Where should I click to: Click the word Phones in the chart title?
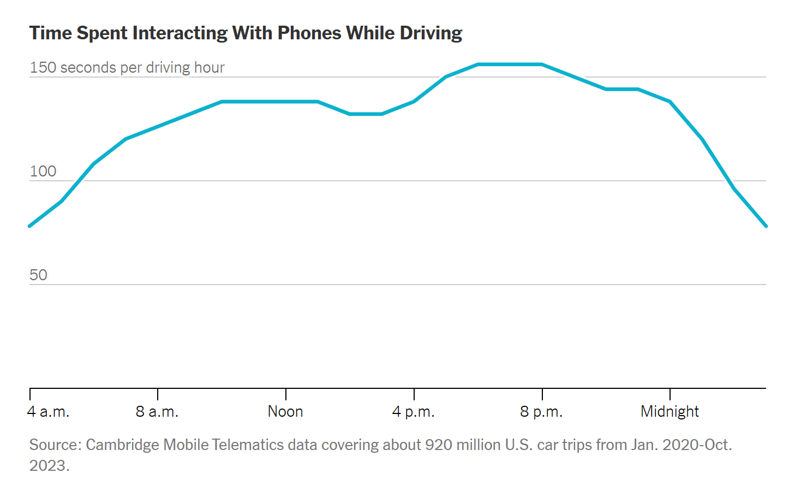click(x=309, y=33)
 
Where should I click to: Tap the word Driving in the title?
click(x=431, y=33)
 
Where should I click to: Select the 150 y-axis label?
click(x=43, y=68)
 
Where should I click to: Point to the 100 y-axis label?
click(x=43, y=171)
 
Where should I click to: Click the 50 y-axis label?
click(x=39, y=275)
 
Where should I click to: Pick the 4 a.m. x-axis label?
click(x=49, y=412)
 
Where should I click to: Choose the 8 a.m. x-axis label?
click(x=157, y=412)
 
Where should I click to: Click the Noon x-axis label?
click(x=285, y=412)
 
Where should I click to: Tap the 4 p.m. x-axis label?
click(x=414, y=412)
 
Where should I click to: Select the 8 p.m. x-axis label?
click(x=541, y=412)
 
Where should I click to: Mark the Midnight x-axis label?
click(x=669, y=412)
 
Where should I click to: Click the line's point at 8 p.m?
click(x=542, y=64)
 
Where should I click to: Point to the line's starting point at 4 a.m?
click(x=30, y=226)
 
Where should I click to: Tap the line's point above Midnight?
click(x=670, y=102)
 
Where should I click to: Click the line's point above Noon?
click(x=286, y=102)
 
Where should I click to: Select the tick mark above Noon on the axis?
click(x=286, y=394)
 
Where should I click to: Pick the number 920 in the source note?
click(x=439, y=445)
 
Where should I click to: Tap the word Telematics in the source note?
click(x=248, y=445)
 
